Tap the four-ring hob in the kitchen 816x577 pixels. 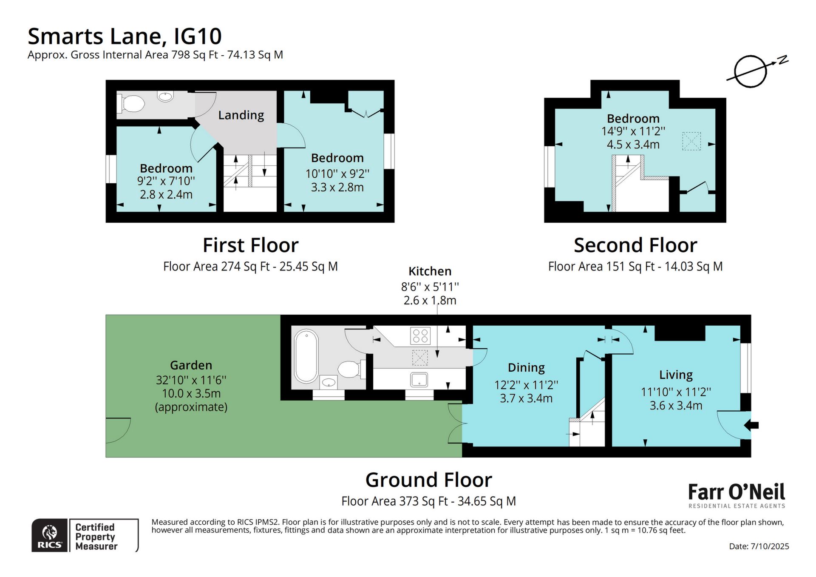click(420, 335)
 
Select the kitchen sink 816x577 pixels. click(419, 380)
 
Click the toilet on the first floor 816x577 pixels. click(131, 103)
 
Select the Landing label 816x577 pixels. click(241, 115)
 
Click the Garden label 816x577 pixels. click(191, 365)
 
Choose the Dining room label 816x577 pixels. click(526, 368)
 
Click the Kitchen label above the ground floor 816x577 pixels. click(430, 271)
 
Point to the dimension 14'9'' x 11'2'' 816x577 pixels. click(633, 131)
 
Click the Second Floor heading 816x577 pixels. click(635, 245)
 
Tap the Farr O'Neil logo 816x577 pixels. click(737, 495)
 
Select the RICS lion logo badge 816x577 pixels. click(50, 535)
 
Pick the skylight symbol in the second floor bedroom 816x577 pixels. click(691, 141)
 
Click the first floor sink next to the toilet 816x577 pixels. click(165, 97)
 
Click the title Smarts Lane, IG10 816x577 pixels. click(125, 36)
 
